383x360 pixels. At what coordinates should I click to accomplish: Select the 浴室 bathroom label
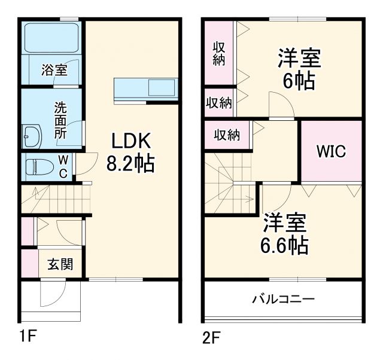(54, 70)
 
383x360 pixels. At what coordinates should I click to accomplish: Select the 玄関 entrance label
(60, 264)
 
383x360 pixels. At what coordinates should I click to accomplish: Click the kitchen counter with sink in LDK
(146, 89)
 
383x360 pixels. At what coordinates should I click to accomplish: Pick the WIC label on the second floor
(331, 151)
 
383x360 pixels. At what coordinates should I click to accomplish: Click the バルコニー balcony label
(283, 298)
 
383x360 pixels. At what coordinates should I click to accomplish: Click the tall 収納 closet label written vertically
(219, 52)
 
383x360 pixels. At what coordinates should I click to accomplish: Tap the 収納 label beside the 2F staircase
(227, 135)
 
